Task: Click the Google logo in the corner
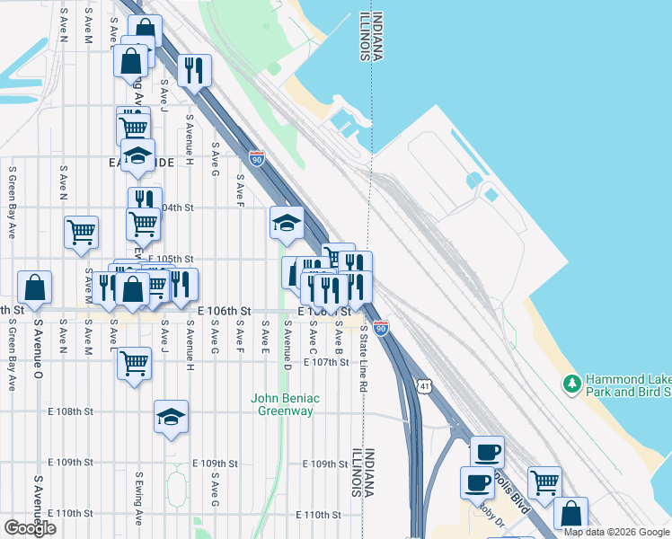30,528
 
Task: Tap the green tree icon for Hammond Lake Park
571,384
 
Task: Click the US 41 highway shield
423,384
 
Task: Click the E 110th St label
319,516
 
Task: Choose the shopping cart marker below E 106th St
134,364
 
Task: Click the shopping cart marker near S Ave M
81,231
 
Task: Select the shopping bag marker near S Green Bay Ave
34,287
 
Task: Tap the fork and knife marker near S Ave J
194,69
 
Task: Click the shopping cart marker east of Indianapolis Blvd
544,482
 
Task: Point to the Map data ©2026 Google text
616,532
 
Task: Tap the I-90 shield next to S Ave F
257,158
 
